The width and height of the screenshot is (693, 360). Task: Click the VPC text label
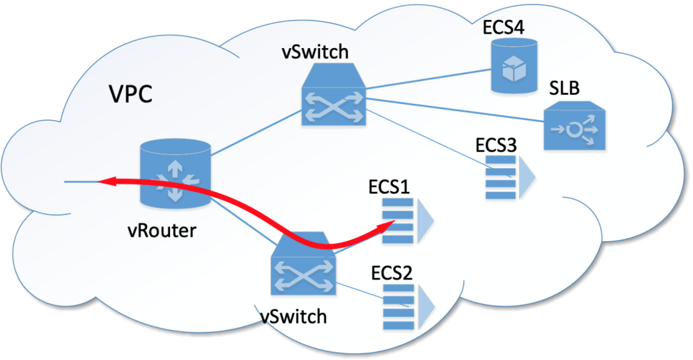(130, 94)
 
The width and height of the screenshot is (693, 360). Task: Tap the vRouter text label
(161, 230)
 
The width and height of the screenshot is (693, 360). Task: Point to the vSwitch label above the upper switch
(316, 53)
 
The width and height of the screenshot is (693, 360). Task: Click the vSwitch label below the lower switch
(294, 315)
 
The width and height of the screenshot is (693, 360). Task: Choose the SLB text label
(564, 89)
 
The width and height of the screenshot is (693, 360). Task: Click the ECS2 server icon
(406, 306)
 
